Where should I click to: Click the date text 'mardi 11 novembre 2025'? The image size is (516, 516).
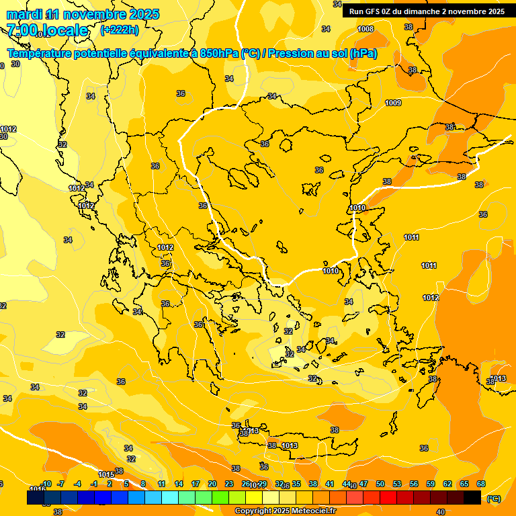pyautogui.click(x=83, y=14)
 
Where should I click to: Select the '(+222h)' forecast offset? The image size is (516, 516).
pyautogui.click(x=119, y=30)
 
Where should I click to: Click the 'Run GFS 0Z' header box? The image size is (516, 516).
pyautogui.click(x=426, y=11)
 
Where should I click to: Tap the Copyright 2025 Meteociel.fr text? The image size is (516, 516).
pyautogui.click(x=286, y=511)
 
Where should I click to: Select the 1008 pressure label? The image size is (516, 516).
pyautogui.click(x=365, y=29)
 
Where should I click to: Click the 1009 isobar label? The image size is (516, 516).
pyautogui.click(x=393, y=103)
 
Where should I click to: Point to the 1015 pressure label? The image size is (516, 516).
pyautogui.click(x=106, y=474)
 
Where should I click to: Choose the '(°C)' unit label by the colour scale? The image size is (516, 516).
pyautogui.click(x=493, y=499)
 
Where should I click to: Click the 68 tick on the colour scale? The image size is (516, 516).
pyautogui.click(x=481, y=484)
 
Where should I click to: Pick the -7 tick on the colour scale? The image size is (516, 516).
pyautogui.click(x=60, y=484)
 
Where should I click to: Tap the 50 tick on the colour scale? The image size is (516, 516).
pyautogui.click(x=380, y=484)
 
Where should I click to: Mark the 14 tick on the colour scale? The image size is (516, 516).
pyautogui.click(x=179, y=484)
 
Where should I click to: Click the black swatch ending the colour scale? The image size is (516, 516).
pyautogui.click(x=472, y=498)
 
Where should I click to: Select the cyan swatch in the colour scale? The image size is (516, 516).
pyautogui.click(x=170, y=498)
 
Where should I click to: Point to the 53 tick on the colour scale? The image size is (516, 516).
pyautogui.click(x=397, y=484)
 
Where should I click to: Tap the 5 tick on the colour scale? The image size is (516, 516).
pyautogui.click(x=126, y=484)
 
